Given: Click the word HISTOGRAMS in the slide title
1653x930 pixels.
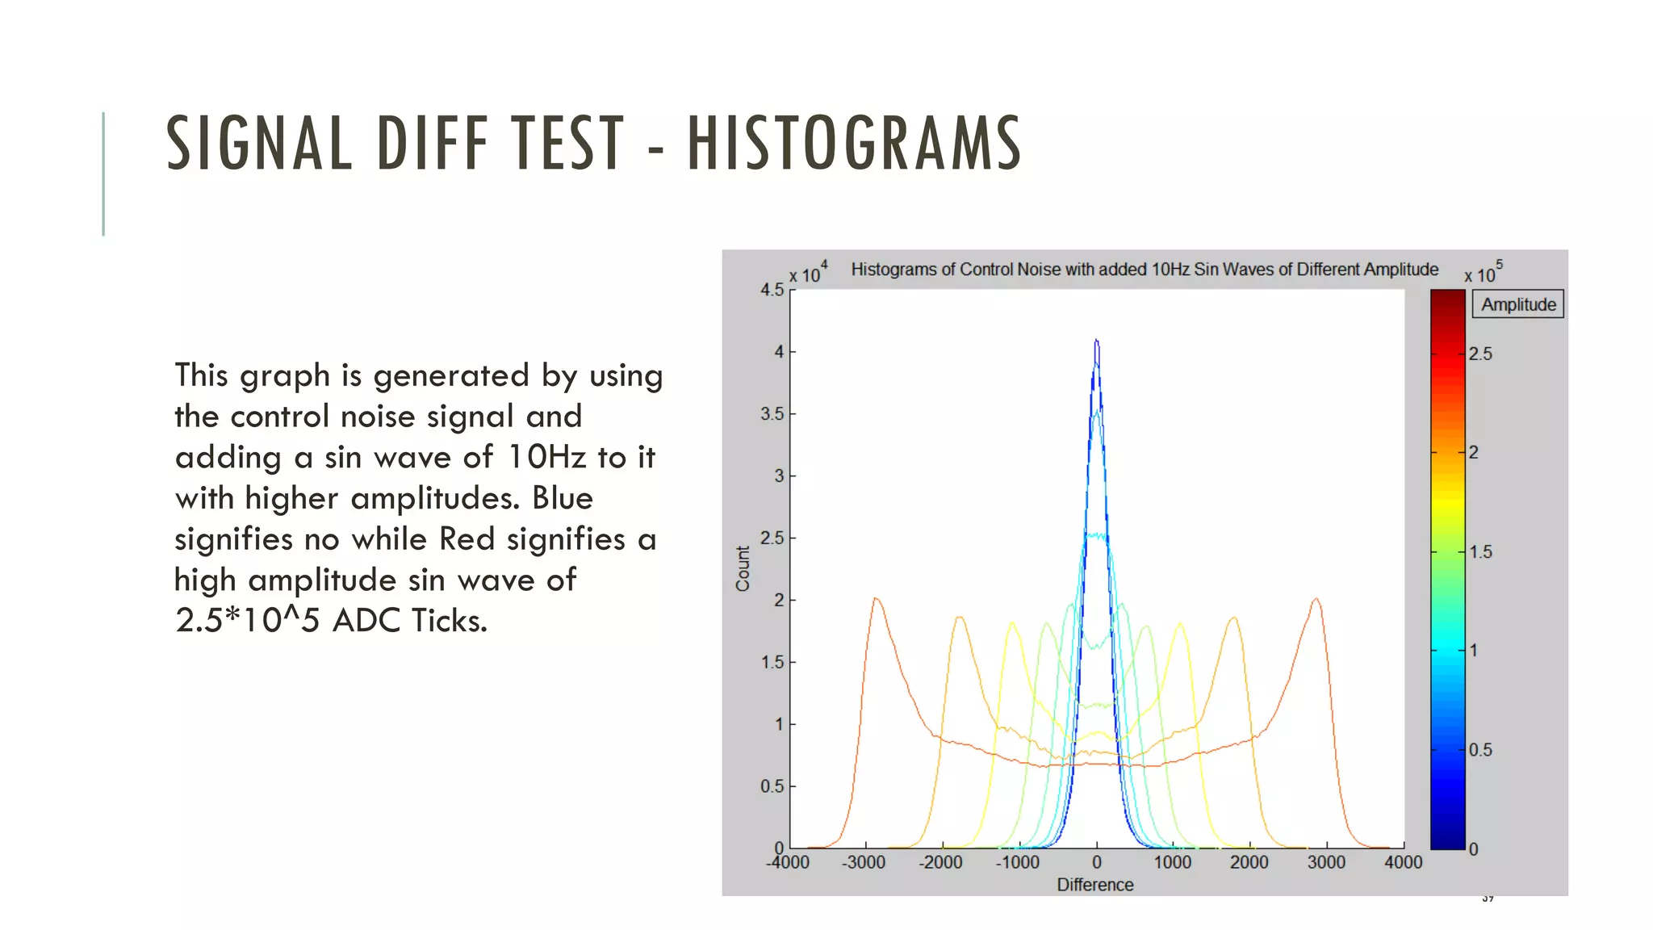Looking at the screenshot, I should click(x=854, y=144).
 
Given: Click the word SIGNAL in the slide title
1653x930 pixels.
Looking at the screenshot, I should click(x=259, y=144).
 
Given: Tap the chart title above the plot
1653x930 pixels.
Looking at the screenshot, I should click(x=1144, y=269).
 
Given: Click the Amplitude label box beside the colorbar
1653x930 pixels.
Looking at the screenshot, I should click(x=1517, y=304).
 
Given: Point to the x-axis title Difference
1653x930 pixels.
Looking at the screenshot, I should click(x=1094, y=885).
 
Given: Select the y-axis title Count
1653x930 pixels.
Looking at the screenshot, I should click(x=743, y=568).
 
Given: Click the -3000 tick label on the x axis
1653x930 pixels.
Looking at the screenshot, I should click(x=864, y=862).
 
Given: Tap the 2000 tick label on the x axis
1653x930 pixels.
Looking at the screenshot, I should click(x=1249, y=862).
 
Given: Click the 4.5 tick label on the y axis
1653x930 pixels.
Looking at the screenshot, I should click(x=772, y=290).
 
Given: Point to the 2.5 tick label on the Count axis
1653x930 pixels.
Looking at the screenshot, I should click(x=772, y=538).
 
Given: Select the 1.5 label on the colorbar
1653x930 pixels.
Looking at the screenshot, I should click(x=1480, y=552).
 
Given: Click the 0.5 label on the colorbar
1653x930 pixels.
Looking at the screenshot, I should click(x=1480, y=750).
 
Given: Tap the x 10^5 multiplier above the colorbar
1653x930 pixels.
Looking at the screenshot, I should click(x=1483, y=272).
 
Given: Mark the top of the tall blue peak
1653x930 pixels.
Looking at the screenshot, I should click(x=1096, y=341).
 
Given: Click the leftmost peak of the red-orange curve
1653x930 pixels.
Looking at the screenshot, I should click(x=876, y=599).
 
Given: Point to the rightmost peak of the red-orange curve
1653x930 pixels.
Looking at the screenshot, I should click(x=1316, y=599).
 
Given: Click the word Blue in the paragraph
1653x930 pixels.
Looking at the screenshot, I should click(x=562, y=498).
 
